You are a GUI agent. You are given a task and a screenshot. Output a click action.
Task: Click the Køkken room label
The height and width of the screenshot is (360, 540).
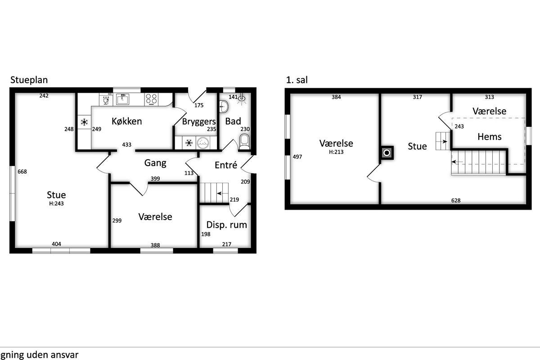click(x=126, y=121)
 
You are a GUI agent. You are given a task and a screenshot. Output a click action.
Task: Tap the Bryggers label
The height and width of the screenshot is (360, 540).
click(x=198, y=121)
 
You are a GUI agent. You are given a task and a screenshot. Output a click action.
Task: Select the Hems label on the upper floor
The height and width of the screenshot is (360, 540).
click(x=490, y=137)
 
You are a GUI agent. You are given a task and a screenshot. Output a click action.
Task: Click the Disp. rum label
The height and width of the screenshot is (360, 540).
click(x=226, y=225)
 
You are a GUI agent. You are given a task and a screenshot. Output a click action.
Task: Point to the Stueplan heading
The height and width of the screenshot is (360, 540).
click(x=29, y=80)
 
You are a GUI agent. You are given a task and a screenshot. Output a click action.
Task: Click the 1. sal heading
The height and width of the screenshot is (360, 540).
click(x=297, y=80)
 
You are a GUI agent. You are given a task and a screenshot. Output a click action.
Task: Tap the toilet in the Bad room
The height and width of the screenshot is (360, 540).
click(x=244, y=142)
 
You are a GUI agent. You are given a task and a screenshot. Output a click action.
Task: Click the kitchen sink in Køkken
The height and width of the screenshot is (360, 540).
click(x=122, y=99)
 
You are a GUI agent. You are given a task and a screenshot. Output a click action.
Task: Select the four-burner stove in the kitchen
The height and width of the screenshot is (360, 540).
click(x=151, y=99)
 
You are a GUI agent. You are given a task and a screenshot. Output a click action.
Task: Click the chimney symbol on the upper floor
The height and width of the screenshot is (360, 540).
click(x=387, y=153)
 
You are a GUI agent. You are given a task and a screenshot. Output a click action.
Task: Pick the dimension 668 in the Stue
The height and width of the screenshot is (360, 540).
click(x=22, y=172)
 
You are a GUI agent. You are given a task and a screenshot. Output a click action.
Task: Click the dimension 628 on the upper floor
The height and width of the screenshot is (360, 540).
click(x=455, y=200)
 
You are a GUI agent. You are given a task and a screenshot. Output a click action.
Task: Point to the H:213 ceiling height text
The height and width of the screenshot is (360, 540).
click(x=336, y=152)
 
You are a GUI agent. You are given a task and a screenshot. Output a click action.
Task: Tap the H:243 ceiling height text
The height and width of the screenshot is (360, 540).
click(x=56, y=203)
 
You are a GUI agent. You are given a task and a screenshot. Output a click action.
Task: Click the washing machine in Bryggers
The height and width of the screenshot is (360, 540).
click(x=202, y=143)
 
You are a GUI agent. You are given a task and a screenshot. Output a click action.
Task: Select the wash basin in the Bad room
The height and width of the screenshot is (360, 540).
click(x=224, y=106)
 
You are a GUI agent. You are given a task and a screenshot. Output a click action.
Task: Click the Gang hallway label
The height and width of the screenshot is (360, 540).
click(x=155, y=163)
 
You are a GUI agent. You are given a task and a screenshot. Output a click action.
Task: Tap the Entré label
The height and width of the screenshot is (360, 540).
click(x=226, y=165)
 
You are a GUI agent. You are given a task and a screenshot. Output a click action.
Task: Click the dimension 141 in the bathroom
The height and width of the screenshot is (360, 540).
click(x=233, y=97)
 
